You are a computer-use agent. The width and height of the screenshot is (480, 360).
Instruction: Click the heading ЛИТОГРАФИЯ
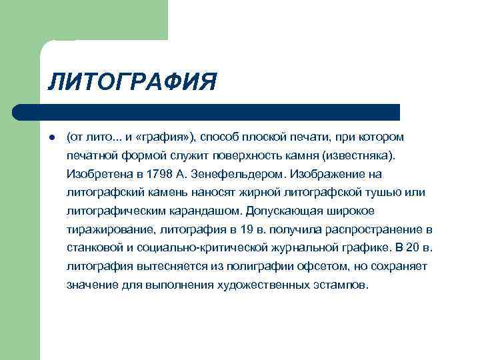coord(133,83)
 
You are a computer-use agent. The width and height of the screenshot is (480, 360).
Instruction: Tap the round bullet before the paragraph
coord(51,137)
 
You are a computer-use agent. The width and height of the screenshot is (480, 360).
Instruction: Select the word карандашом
coord(207,211)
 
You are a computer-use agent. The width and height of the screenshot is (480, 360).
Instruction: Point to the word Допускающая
coord(283,211)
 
